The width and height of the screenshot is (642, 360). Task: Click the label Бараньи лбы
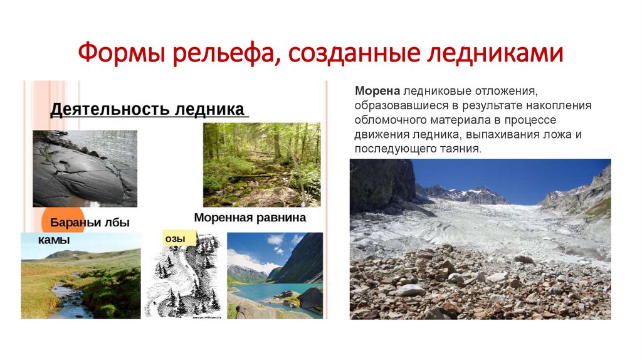93,223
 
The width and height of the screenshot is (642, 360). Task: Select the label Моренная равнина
250,218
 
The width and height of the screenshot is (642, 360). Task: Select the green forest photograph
261,164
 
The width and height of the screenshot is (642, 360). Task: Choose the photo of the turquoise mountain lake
275,276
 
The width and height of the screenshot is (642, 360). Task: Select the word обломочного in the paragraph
387,120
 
